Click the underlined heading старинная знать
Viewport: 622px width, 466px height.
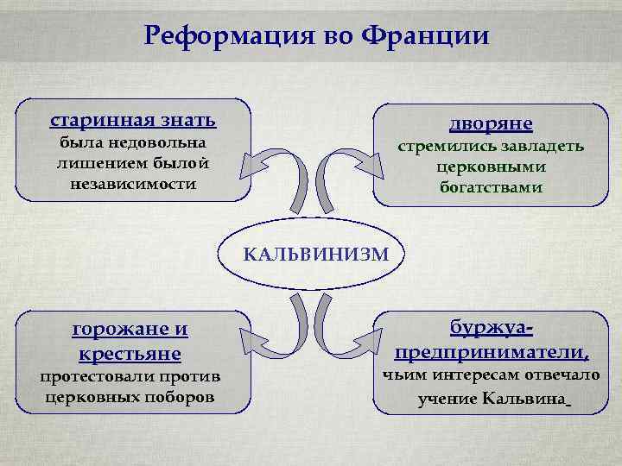coord(133,118)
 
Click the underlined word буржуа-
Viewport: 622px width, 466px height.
coord(491,328)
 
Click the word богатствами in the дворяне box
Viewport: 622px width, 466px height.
coord(490,187)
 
